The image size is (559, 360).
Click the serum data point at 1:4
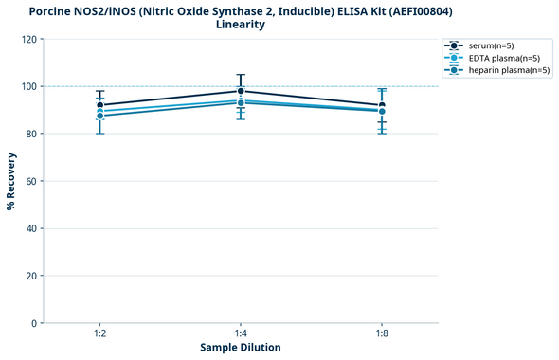coord(241,91)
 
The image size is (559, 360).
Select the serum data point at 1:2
coord(100,105)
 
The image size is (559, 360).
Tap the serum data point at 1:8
coord(382,105)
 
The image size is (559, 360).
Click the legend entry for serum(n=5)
coord(490,45)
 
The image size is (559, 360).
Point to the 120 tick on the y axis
coord(31,39)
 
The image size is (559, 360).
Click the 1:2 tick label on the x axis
coord(100,334)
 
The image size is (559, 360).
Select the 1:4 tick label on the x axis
coord(241,334)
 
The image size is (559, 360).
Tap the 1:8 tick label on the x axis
coord(382,334)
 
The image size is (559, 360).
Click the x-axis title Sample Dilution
coord(241,348)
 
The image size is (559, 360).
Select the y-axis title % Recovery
coord(11,181)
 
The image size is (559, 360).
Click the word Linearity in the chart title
coord(241,25)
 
